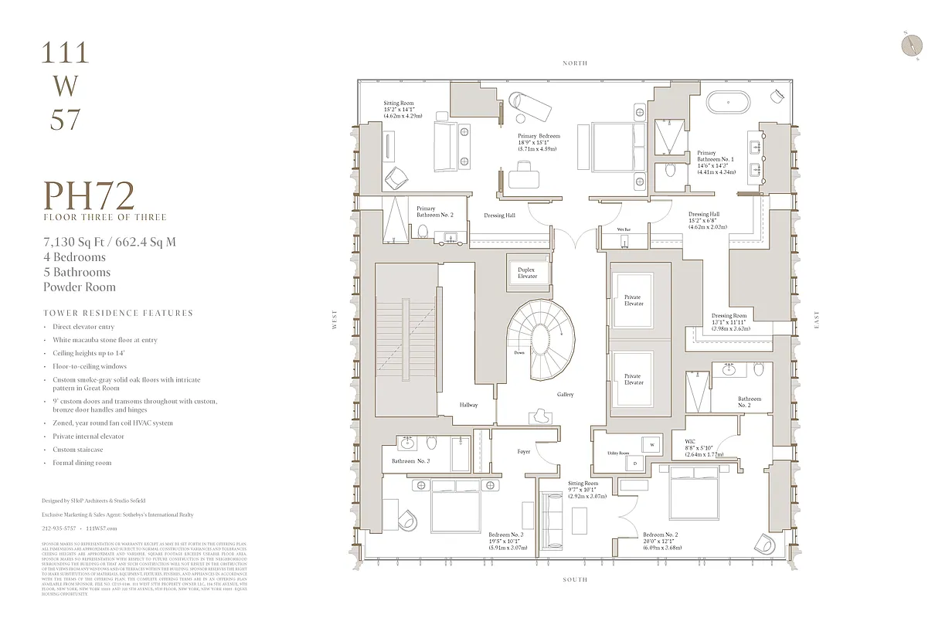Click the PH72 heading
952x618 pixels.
click(x=89, y=196)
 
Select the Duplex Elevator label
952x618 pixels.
click(x=527, y=273)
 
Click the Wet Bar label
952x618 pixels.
click(x=624, y=230)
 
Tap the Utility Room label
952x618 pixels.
click(x=618, y=453)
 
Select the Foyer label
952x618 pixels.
click(x=524, y=451)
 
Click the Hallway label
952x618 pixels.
click(x=468, y=405)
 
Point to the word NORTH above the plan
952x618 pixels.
click(x=575, y=63)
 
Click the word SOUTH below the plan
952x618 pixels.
click(x=575, y=579)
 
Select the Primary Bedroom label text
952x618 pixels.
click(x=539, y=136)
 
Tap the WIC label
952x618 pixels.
click(x=691, y=443)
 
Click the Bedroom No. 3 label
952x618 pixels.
click(x=506, y=534)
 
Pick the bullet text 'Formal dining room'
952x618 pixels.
click(x=82, y=463)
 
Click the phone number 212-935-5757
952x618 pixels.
click(x=59, y=528)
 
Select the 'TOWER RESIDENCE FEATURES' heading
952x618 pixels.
click(x=118, y=313)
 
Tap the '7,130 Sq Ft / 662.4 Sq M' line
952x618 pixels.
click(x=110, y=242)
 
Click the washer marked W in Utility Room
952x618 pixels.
click(x=652, y=446)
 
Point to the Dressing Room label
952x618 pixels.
click(x=729, y=316)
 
